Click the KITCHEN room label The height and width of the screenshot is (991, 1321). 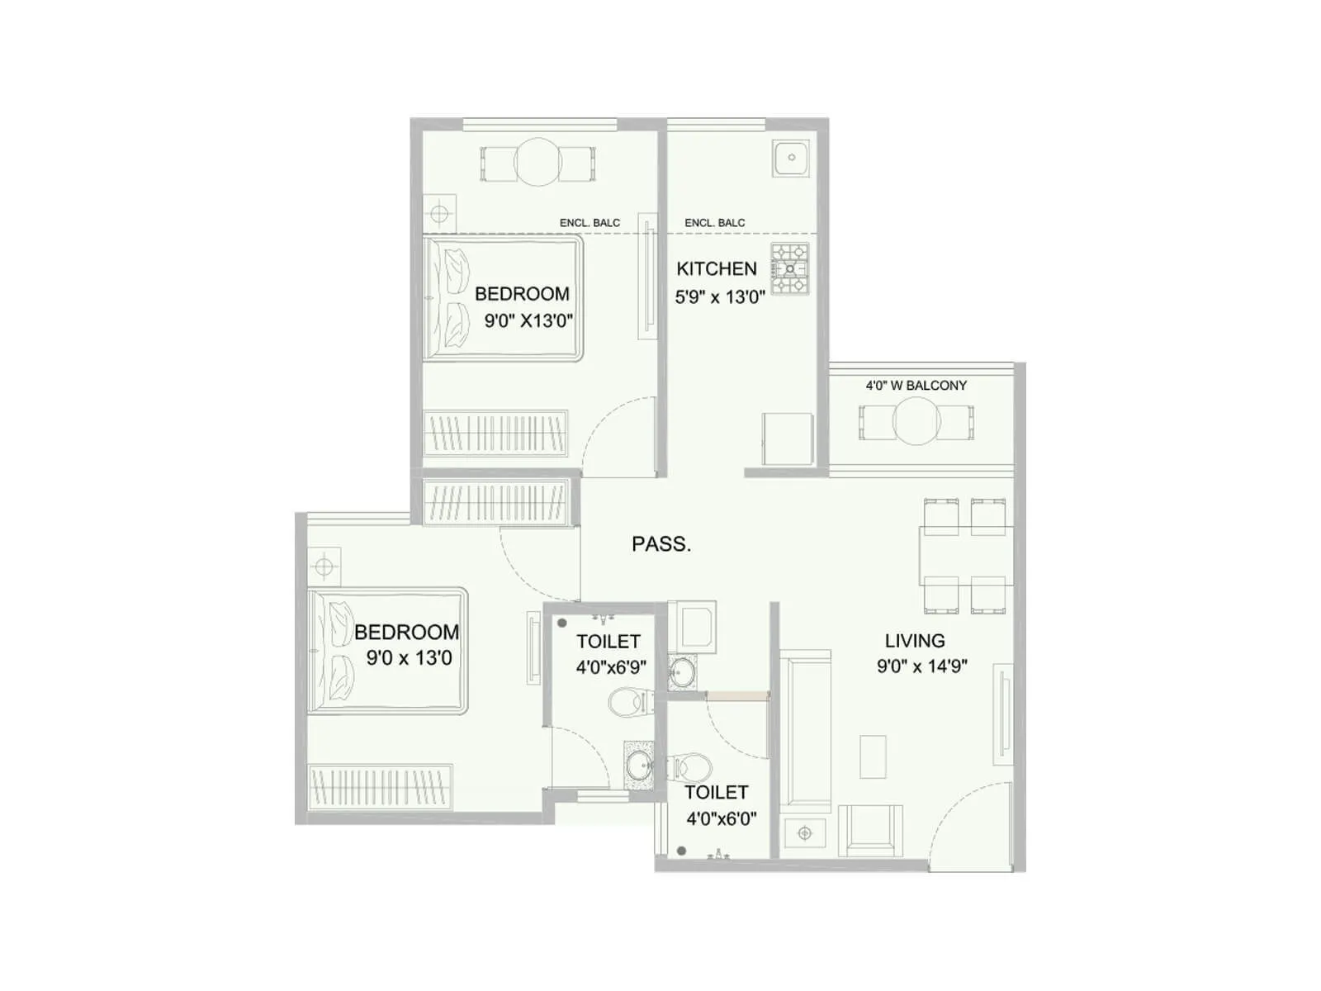(x=716, y=268)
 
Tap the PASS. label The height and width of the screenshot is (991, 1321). (x=660, y=544)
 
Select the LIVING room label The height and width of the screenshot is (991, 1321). (x=914, y=641)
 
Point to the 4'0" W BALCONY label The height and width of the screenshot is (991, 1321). (x=916, y=386)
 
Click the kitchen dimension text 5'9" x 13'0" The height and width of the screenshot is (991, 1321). (x=720, y=297)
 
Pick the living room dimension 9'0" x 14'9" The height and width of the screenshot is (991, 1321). (x=921, y=666)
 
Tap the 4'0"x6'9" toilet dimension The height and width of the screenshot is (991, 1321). (x=610, y=667)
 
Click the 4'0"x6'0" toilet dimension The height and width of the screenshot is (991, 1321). (x=721, y=819)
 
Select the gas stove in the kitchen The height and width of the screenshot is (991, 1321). (x=790, y=269)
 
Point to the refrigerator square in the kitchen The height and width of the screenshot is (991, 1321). (x=788, y=439)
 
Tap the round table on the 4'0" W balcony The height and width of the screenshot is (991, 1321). (x=916, y=421)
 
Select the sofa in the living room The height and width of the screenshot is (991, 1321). (x=804, y=731)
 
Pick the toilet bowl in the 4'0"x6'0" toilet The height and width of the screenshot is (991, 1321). (x=689, y=766)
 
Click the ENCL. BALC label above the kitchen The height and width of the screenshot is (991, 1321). (x=714, y=223)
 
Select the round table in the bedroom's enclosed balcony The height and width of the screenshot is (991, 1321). (x=537, y=162)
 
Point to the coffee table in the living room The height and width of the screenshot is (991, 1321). (x=873, y=756)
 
